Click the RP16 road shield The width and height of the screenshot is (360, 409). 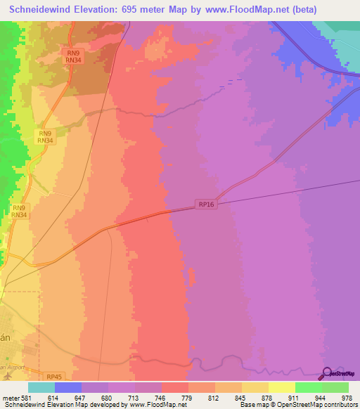click(205, 204)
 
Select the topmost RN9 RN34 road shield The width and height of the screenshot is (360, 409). click(72, 56)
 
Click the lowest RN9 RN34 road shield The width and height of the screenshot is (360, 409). click(19, 212)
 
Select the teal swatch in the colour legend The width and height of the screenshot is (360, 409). click(41, 387)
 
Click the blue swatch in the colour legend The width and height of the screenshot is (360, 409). click(68, 387)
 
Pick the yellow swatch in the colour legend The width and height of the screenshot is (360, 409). click(282, 387)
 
